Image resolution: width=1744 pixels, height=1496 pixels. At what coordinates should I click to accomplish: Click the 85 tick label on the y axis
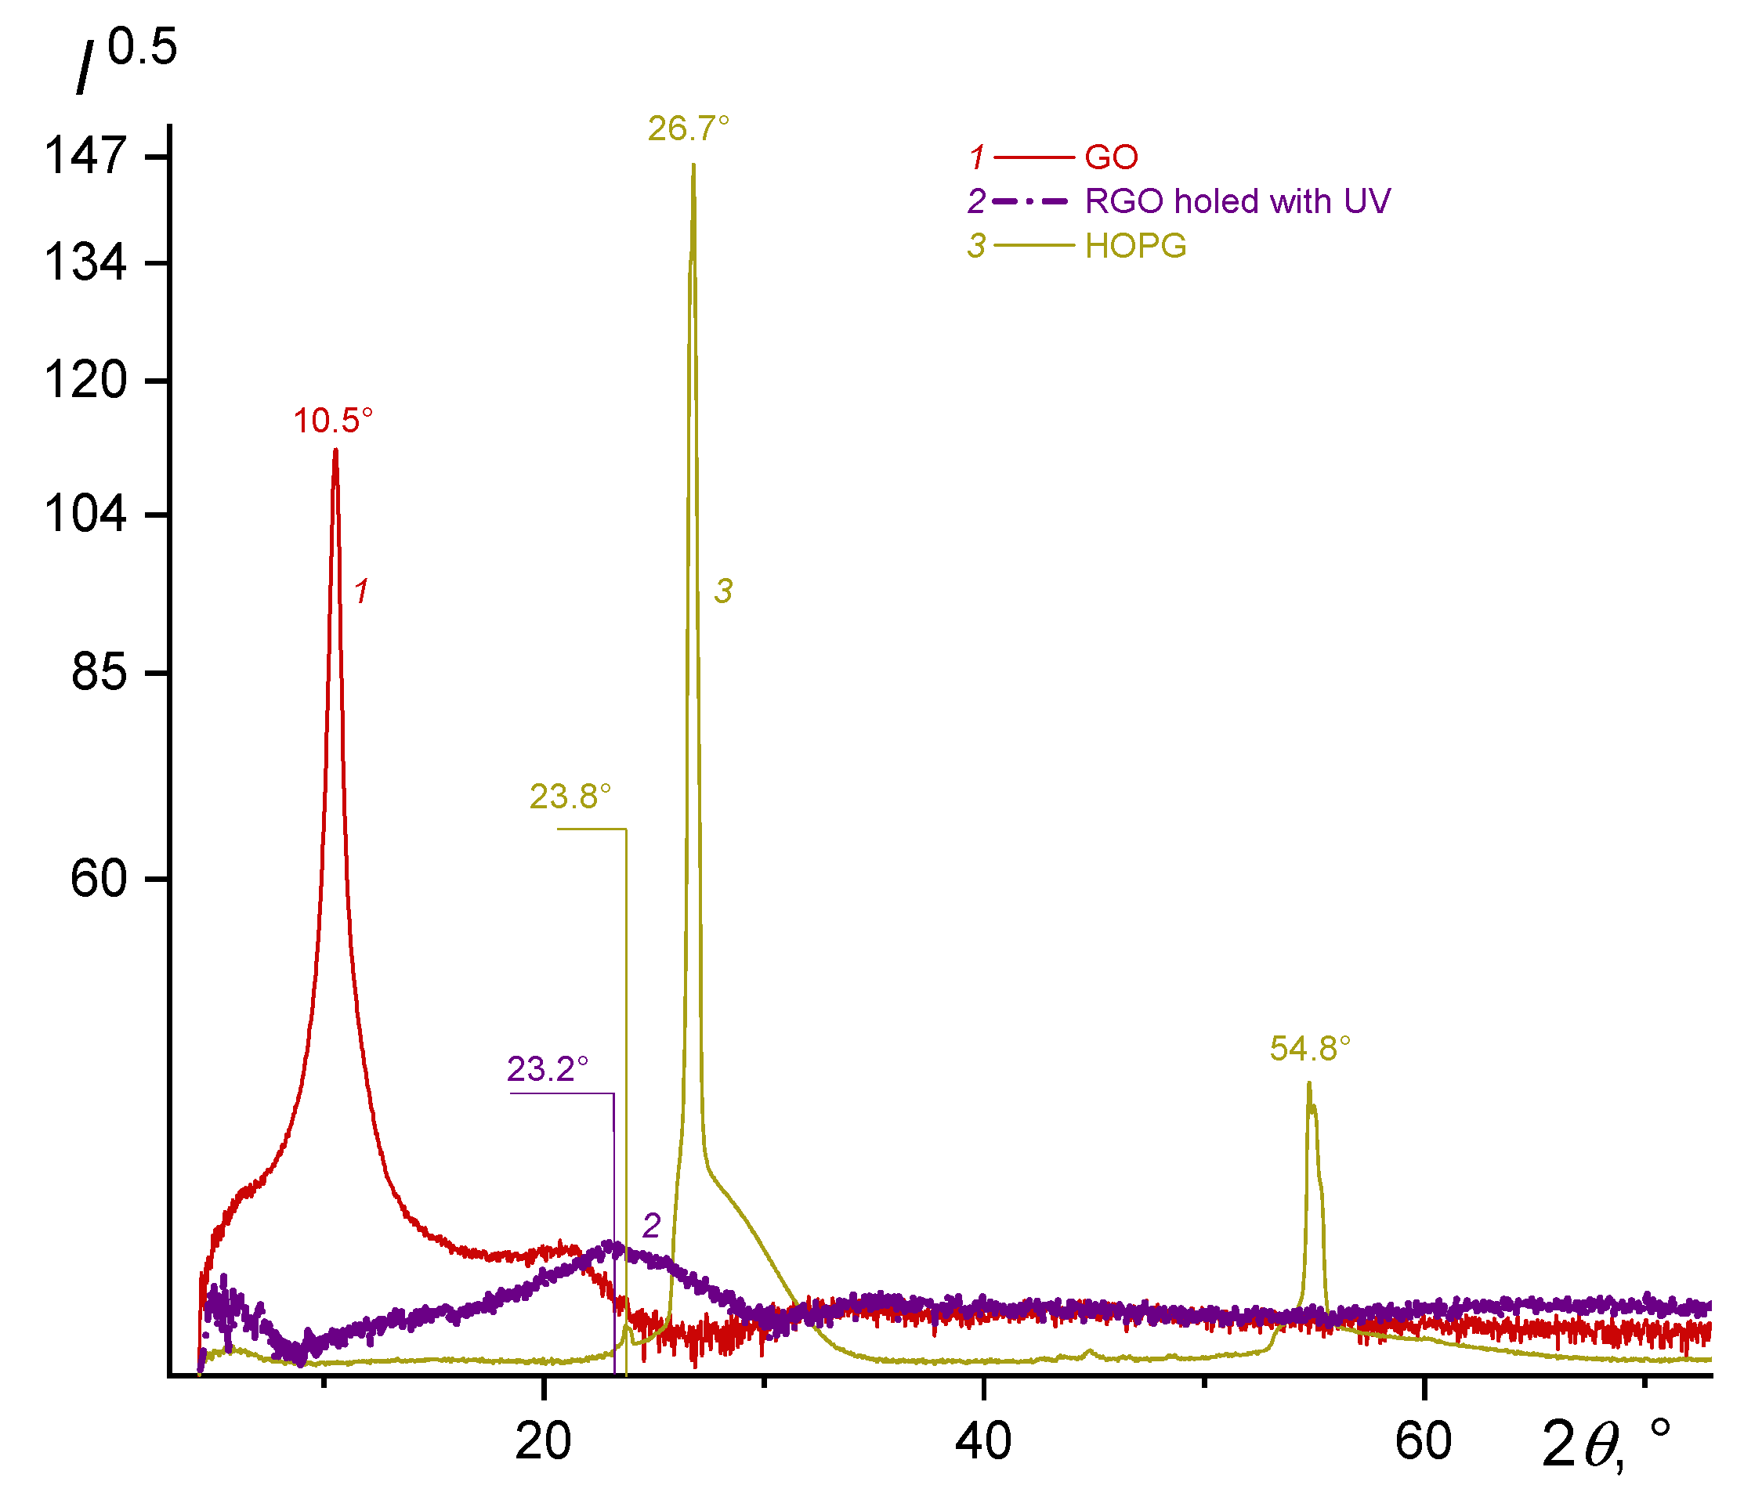(99, 672)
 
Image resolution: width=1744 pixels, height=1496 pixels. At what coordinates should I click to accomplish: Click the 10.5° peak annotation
(332, 421)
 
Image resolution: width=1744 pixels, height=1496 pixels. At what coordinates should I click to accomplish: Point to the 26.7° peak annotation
(688, 128)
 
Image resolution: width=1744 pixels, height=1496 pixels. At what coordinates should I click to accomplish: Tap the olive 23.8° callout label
(570, 796)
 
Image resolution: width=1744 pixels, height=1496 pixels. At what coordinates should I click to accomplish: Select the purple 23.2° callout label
(547, 1068)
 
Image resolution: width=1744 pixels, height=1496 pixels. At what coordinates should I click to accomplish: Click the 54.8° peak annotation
(1310, 1049)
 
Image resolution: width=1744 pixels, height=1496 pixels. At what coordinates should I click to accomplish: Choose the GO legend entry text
(1111, 157)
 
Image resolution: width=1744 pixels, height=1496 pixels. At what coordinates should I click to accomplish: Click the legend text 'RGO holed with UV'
(1237, 202)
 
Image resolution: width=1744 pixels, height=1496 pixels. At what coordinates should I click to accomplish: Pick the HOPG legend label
(1135, 246)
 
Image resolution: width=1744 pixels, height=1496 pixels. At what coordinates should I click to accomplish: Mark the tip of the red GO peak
(335, 450)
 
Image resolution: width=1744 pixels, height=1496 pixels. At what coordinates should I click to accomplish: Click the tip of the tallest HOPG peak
(693, 165)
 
